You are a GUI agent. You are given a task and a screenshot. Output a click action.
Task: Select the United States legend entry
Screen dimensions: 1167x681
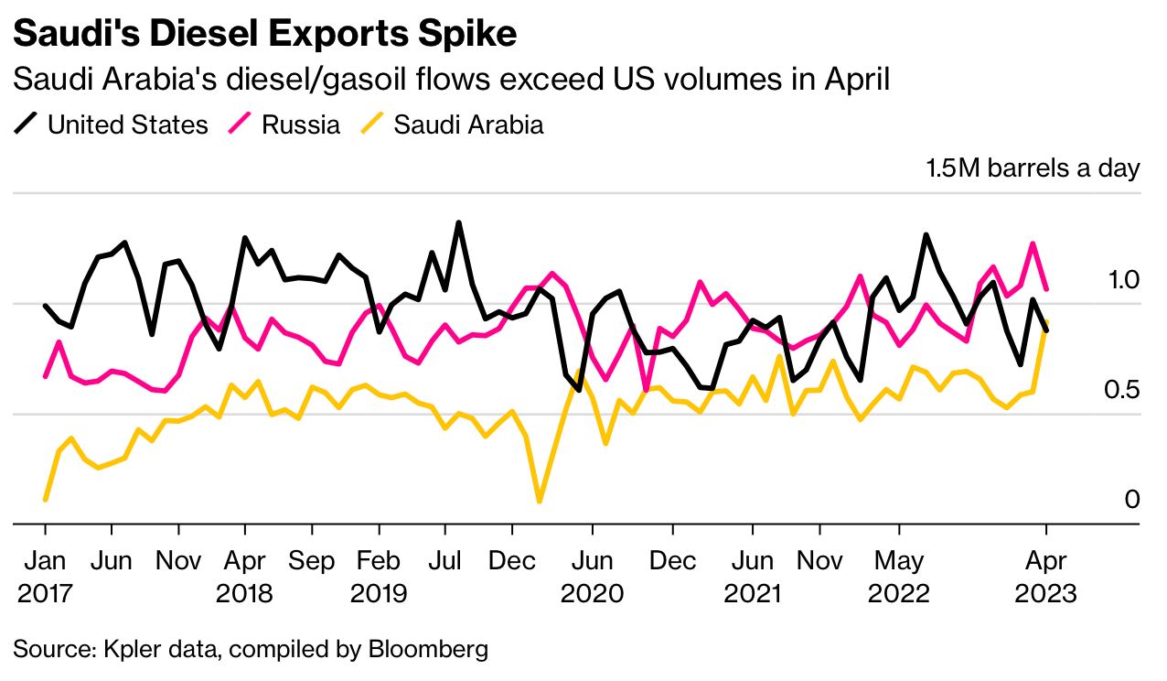111,124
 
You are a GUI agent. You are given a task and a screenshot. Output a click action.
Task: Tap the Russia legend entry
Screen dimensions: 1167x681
284,124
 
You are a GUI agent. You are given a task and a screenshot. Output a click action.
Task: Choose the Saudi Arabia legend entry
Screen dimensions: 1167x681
452,124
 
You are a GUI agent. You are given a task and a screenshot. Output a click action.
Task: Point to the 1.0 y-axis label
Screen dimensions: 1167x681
1124,280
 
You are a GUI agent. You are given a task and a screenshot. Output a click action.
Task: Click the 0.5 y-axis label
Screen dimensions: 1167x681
1121,390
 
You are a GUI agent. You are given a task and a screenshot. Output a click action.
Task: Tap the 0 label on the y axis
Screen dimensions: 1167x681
1132,500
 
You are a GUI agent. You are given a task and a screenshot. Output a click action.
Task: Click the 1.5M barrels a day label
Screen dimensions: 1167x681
1033,168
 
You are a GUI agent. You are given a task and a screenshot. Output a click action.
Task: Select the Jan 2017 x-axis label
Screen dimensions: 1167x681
45,578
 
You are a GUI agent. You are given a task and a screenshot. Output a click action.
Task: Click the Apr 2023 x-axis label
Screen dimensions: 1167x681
1045,578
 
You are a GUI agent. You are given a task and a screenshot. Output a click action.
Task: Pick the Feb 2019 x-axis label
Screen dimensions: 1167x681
379,578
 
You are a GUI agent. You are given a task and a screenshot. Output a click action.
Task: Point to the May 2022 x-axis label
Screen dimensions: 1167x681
899,578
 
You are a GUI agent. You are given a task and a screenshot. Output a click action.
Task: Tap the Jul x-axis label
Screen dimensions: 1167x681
444,561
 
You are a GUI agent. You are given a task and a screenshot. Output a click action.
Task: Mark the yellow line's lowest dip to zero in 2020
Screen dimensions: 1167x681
540,501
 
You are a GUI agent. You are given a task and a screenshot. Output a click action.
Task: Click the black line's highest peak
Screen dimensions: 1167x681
458,223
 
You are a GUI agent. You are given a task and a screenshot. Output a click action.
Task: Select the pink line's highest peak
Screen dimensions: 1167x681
1032,243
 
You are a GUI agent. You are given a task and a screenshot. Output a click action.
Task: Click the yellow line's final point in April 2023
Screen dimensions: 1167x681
1046,321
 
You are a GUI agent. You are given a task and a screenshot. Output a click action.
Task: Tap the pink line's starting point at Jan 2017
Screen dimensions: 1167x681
46,376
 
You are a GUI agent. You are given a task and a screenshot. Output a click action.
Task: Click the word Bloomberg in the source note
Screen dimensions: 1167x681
428,650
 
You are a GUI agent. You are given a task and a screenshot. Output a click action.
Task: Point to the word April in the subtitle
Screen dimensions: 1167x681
857,81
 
